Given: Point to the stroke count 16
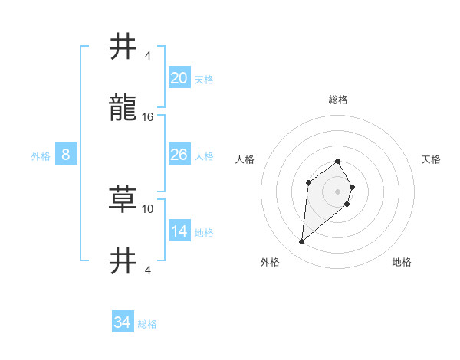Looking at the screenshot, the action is click(148, 116).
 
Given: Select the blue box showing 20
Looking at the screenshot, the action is click(179, 78).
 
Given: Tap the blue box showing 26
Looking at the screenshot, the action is click(179, 155).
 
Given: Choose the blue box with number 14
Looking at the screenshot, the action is click(179, 231).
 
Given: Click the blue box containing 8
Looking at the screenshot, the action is click(66, 155).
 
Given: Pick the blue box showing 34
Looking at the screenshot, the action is click(123, 322).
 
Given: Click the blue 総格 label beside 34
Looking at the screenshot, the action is click(147, 324).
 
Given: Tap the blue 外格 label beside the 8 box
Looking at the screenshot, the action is click(41, 156).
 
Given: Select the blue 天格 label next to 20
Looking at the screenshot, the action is click(204, 80).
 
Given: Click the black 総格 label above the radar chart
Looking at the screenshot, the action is click(337, 100).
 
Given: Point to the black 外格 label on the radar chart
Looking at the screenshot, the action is click(270, 262).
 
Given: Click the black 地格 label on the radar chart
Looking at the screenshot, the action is click(402, 262).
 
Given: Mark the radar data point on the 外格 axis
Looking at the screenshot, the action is click(302, 242).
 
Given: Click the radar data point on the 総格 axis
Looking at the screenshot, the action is click(337, 161).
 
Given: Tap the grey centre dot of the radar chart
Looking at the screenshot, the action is click(337, 191).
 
